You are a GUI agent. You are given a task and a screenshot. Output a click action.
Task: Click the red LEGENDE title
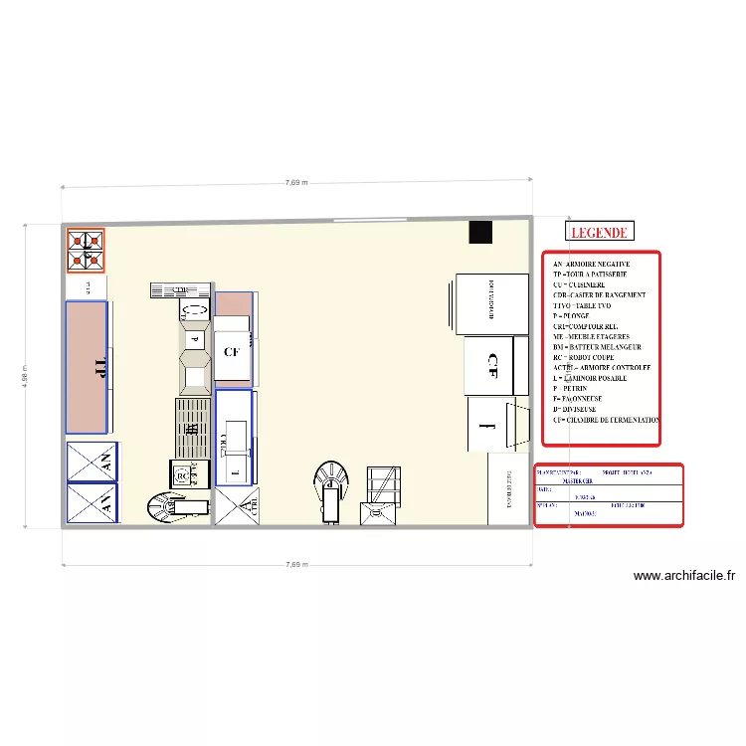599,233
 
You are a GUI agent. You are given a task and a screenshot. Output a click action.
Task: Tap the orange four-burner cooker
86,251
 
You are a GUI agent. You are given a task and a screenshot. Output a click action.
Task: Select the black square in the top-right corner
481,232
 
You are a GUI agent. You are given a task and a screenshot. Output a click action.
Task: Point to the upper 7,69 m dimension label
295,183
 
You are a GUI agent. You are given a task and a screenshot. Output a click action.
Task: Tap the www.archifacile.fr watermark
683,575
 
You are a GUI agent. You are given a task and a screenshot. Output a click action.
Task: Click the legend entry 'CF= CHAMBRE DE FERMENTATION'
606,420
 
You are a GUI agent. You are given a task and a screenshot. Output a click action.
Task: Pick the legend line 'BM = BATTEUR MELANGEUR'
597,347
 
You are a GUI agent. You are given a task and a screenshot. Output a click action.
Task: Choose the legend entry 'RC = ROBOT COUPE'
591,357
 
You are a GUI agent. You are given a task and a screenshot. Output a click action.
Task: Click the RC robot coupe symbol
181,476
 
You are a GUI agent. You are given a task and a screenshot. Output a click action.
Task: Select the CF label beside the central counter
232,351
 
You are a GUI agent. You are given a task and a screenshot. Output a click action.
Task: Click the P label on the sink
195,339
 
